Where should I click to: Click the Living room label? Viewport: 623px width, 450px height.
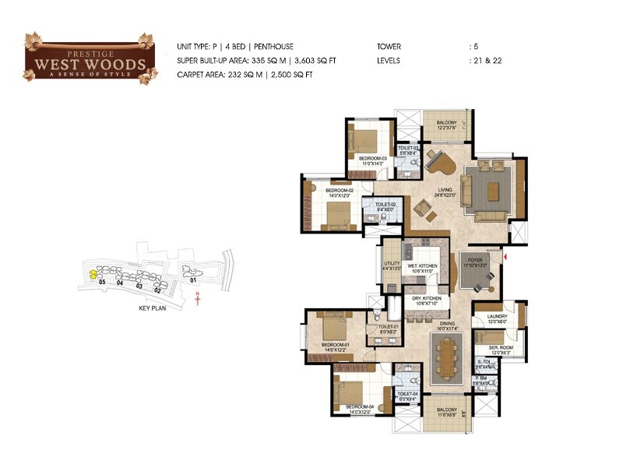[445, 191]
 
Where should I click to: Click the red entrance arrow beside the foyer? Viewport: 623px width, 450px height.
[506, 255]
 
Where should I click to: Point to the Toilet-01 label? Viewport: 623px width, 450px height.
[389, 328]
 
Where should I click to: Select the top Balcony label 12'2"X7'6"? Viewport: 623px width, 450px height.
[445, 125]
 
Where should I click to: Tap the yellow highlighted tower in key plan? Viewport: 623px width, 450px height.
[93, 273]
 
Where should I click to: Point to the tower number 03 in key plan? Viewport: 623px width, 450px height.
[139, 287]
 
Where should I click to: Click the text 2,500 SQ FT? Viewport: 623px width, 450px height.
[292, 74]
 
